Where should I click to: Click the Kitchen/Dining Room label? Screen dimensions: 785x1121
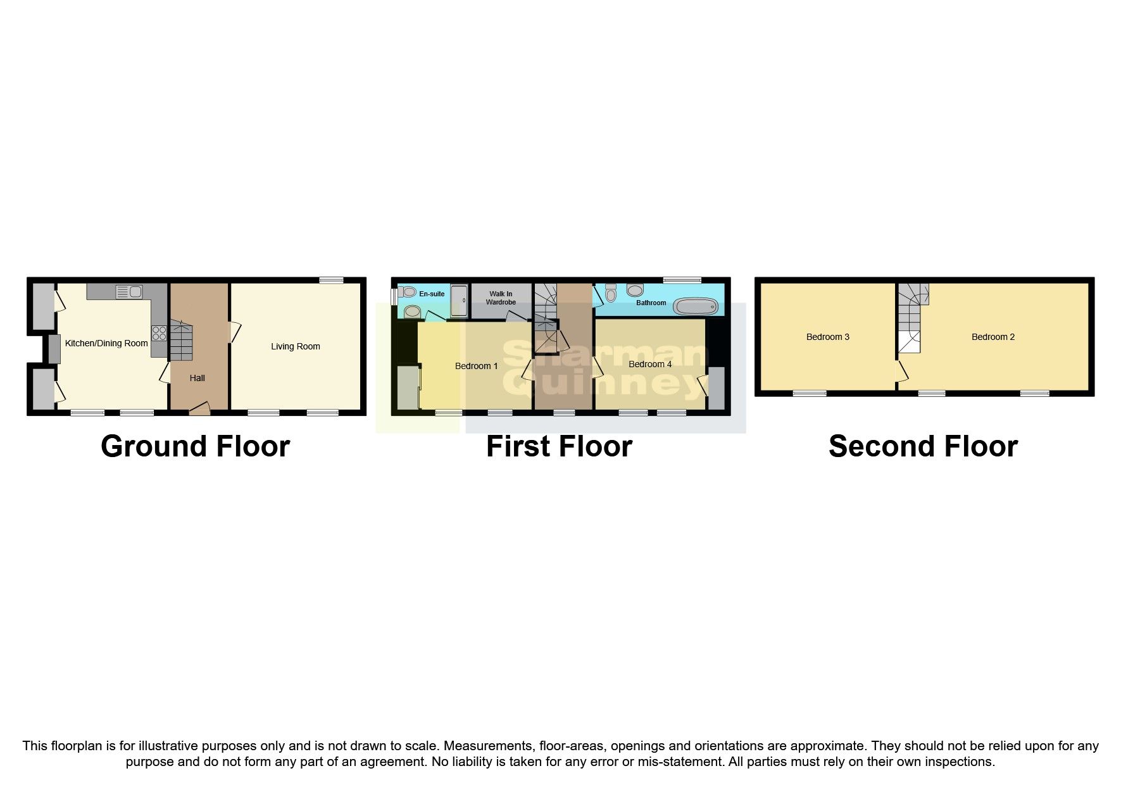click(x=106, y=343)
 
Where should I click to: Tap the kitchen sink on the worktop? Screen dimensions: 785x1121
click(x=129, y=292)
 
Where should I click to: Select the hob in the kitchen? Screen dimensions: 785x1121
click(x=159, y=333)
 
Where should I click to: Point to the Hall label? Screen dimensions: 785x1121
click(x=197, y=378)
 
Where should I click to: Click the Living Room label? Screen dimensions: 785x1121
click(x=296, y=346)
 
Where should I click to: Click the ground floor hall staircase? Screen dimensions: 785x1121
click(x=180, y=342)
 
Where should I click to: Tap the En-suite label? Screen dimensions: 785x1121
click(x=432, y=294)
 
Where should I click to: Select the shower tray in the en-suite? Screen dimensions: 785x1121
click(x=459, y=301)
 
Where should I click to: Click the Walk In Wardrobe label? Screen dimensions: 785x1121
click(x=501, y=298)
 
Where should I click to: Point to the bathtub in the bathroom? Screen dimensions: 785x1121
click(x=696, y=307)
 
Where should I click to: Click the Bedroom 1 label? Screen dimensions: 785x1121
click(x=476, y=366)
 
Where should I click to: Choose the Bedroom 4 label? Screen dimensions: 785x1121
click(x=650, y=364)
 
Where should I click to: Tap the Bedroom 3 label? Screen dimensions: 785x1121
click(x=827, y=337)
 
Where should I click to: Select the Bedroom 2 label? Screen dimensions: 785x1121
click(x=993, y=337)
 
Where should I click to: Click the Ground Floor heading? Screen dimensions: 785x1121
click(x=195, y=446)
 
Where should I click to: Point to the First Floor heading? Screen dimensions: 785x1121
click(x=559, y=446)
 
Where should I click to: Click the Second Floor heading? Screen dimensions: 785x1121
click(x=923, y=446)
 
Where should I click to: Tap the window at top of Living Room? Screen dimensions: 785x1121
click(x=331, y=280)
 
